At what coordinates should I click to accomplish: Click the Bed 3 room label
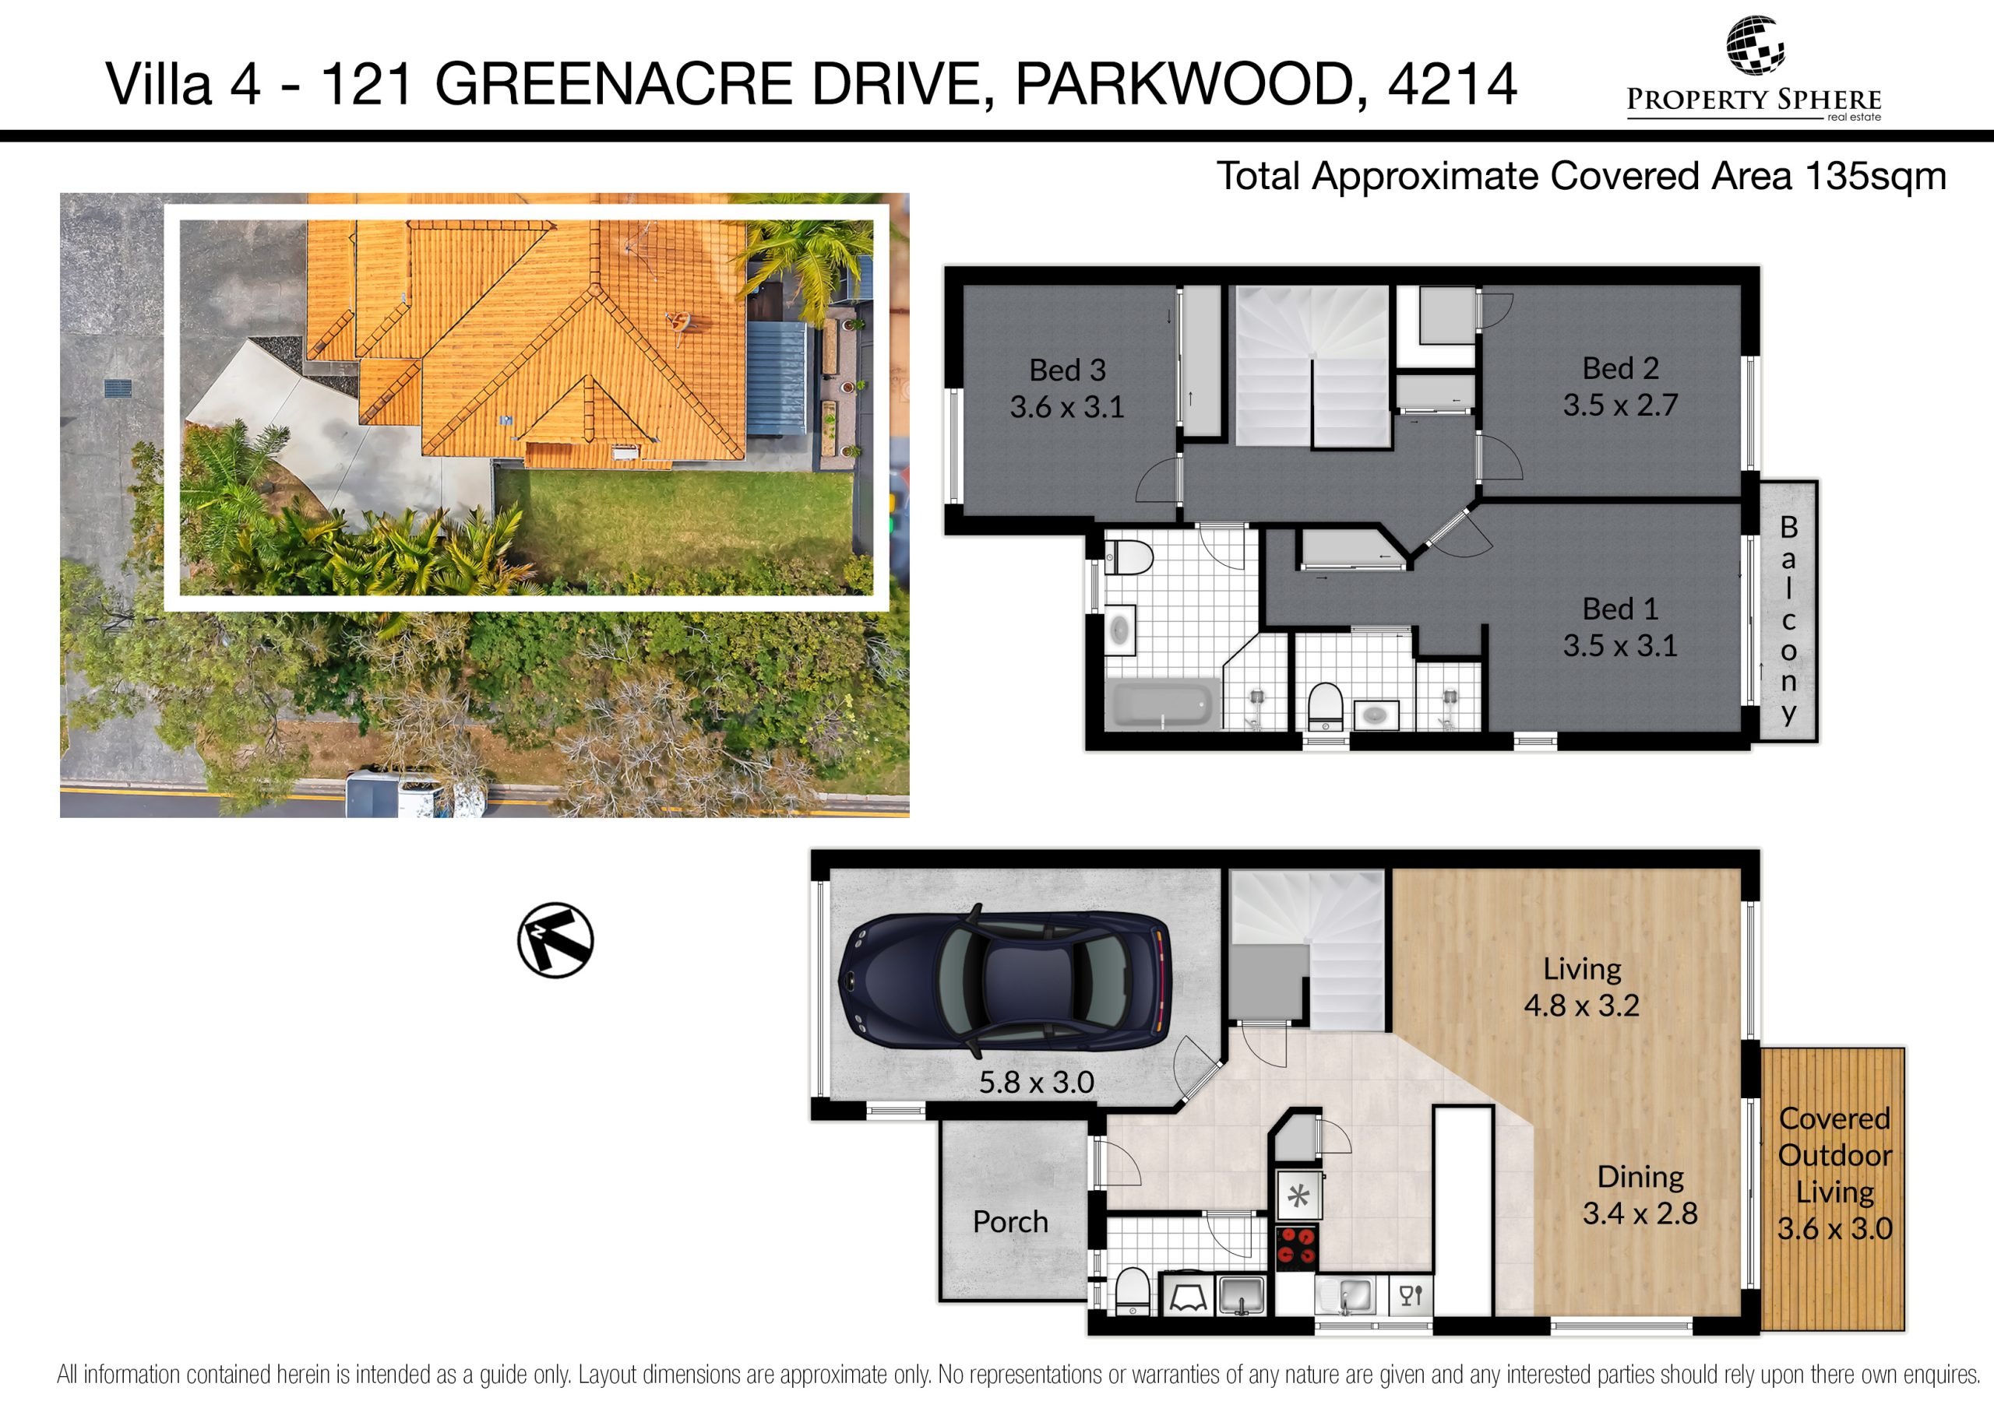pyautogui.click(x=1067, y=370)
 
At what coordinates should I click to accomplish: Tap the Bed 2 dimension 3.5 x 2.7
pyautogui.click(x=1621, y=406)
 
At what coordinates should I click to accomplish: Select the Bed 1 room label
pyautogui.click(x=1621, y=609)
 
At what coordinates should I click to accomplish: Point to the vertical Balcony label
pyautogui.click(x=1789, y=620)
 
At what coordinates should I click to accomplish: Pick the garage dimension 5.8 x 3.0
pyautogui.click(x=1036, y=1083)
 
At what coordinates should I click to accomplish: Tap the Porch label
pyautogui.click(x=1010, y=1222)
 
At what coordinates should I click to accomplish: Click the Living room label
pyautogui.click(x=1581, y=969)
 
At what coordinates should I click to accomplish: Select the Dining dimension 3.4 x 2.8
pyautogui.click(x=1640, y=1213)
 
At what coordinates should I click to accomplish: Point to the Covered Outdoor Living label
pyautogui.click(x=1834, y=1174)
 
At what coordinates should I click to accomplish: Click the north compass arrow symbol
pyautogui.click(x=556, y=940)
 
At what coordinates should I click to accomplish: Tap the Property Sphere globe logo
pyautogui.click(x=1754, y=44)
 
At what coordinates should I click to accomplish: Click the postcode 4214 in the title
pyautogui.click(x=1453, y=84)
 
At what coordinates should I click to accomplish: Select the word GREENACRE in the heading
pyautogui.click(x=614, y=84)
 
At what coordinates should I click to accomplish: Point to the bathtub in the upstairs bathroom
pyautogui.click(x=1162, y=704)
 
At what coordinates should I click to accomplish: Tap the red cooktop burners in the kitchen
pyautogui.click(x=1298, y=1248)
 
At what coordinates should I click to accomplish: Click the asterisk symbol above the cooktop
pyautogui.click(x=1298, y=1198)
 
